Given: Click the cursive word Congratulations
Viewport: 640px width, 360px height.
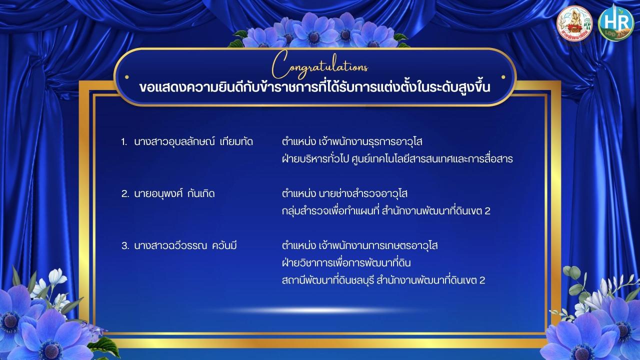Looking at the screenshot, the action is pos(320,65).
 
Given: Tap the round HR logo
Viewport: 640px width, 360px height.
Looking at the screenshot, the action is pos(616,23).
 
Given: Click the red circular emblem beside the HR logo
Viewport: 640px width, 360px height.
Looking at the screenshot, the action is pos(574,23).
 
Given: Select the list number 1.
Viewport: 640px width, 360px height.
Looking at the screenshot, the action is pos(124,142).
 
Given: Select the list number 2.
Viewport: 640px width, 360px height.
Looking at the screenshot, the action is pos(125,194).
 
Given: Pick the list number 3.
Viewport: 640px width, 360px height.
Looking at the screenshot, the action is pos(125,245).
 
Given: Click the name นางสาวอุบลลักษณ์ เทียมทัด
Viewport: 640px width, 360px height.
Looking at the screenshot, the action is pos(193,141).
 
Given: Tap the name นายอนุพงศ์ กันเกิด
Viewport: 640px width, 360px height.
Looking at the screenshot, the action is pos(174,193).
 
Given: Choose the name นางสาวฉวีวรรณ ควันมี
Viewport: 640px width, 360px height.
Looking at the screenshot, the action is pos(185,245).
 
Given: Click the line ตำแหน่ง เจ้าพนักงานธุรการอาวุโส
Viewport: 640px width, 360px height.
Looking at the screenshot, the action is pos(352,141).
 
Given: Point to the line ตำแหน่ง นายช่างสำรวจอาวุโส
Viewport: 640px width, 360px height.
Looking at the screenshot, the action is pos(344,193).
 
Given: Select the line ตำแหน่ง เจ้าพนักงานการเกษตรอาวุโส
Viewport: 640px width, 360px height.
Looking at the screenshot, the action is pos(359,245).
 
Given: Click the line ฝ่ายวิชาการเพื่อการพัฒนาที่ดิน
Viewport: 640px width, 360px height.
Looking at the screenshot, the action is pos(346,262).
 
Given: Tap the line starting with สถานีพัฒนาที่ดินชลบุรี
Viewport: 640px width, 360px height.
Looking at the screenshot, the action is pos(383,280).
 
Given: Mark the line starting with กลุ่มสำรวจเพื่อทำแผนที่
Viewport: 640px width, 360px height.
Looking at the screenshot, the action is pos(386,211).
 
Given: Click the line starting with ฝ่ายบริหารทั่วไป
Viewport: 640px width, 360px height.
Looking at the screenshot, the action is pos(397,159).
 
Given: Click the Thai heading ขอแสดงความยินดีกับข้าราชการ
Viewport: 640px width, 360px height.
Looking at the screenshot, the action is pos(314,87).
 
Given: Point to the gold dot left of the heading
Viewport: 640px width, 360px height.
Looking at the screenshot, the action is pos(127,77).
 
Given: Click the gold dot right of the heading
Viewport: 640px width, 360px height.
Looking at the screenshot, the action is pos(503,77).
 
